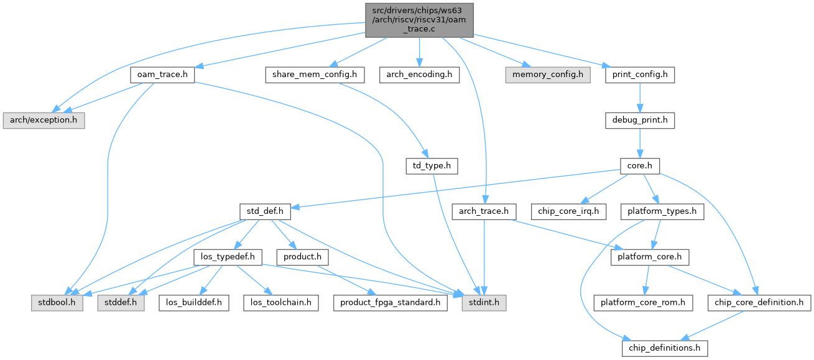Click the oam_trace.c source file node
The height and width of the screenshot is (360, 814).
point(419,20)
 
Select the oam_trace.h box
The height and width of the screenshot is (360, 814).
point(163,75)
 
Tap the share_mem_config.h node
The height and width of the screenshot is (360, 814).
point(315,75)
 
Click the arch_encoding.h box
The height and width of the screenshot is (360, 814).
point(419,75)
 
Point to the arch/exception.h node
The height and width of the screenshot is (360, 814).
point(43,119)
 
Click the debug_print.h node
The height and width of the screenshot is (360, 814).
point(639,119)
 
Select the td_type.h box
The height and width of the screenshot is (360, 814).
point(432,166)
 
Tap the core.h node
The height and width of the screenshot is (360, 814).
point(639,166)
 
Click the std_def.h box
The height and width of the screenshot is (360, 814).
point(265,211)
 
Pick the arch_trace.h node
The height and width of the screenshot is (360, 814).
point(484,211)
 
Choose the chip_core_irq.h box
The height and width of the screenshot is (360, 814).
point(568,211)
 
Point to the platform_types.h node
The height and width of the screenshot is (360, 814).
point(662,211)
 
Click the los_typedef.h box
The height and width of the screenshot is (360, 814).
point(228,256)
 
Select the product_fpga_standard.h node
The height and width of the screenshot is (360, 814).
point(391,303)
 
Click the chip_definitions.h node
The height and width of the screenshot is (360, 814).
point(665,348)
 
